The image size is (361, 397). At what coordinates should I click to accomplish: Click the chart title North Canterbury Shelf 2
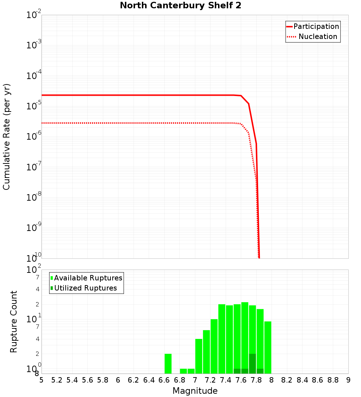[180, 6]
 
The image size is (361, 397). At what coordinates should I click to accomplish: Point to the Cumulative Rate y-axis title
[6, 136]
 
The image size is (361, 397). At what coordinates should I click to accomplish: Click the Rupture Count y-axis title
[14, 322]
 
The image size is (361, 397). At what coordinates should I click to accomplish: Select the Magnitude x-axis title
[195, 391]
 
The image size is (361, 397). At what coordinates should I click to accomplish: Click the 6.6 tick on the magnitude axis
[164, 380]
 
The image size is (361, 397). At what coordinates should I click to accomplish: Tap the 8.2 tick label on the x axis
[287, 380]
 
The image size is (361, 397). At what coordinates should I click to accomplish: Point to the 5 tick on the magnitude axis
[42, 380]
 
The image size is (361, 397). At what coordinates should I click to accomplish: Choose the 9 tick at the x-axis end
[348, 380]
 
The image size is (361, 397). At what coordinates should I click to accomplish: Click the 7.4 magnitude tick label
[226, 380]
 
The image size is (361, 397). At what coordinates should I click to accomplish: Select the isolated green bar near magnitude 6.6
[168, 363]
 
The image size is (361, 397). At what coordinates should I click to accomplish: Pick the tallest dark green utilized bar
[252, 363]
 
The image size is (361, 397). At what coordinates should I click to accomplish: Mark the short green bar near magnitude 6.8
[183, 371]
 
